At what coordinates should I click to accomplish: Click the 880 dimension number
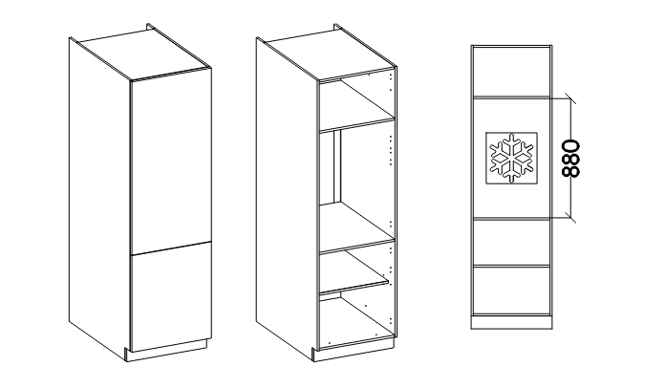tap(570, 158)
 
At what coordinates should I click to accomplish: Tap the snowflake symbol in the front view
tap(512, 158)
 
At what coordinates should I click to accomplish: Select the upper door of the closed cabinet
tap(171, 163)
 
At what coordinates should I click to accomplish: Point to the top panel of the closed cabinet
tap(144, 54)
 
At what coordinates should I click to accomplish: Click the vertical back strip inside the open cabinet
tap(337, 166)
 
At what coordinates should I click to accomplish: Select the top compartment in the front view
tap(512, 72)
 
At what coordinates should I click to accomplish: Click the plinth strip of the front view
tap(512, 322)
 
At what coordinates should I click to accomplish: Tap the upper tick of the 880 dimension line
tap(570, 99)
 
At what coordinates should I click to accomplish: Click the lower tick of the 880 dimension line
tap(570, 217)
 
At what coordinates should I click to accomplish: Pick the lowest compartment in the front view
tap(512, 291)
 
